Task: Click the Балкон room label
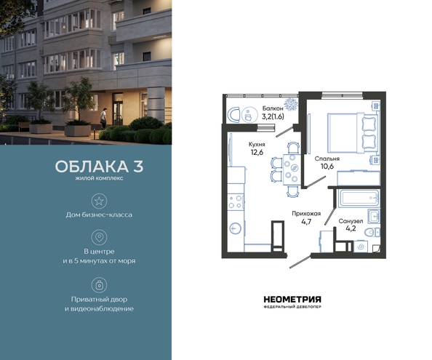click(x=273, y=108)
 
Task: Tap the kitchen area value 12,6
click(x=257, y=152)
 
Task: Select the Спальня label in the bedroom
click(x=327, y=159)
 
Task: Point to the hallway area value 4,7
click(x=306, y=222)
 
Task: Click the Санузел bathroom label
click(x=351, y=221)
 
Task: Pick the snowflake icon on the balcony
click(x=291, y=105)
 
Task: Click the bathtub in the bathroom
click(x=359, y=198)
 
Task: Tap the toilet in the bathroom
click(x=372, y=233)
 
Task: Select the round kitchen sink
click(x=235, y=228)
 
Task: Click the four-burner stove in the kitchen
click(x=236, y=201)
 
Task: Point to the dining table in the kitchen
click(x=292, y=169)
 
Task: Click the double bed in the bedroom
click(x=352, y=133)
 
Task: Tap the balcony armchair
click(x=234, y=115)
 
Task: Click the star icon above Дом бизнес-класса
click(x=99, y=201)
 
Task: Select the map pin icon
click(x=99, y=237)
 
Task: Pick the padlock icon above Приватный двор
click(x=99, y=285)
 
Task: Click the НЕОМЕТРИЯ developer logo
click(x=292, y=302)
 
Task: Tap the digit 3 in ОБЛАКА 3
click(x=138, y=167)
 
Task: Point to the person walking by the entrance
click(x=103, y=119)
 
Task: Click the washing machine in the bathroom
click(x=361, y=247)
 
